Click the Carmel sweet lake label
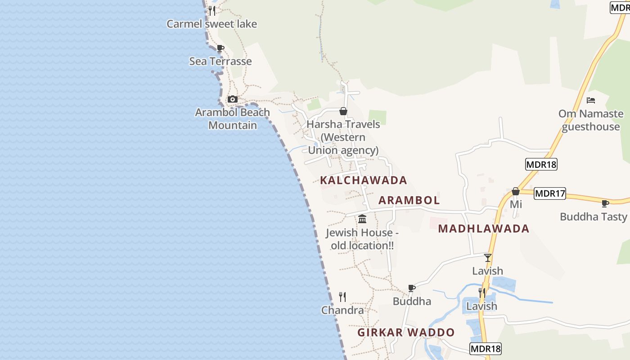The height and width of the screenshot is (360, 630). [x=211, y=24]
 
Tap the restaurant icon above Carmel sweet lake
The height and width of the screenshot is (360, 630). [x=212, y=10]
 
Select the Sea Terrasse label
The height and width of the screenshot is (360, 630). [x=220, y=61]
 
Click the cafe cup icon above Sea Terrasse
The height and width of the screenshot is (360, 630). [x=220, y=48]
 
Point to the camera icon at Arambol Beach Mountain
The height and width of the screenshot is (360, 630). [x=232, y=99]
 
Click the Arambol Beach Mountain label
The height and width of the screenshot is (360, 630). [x=232, y=119]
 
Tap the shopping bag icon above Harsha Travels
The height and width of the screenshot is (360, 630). [x=343, y=111]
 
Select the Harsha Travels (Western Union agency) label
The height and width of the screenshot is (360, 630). [x=343, y=137]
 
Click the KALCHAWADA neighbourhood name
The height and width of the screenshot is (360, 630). [x=363, y=180]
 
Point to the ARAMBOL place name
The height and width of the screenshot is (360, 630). [x=409, y=200]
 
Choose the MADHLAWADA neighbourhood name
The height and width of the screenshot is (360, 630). [x=484, y=229]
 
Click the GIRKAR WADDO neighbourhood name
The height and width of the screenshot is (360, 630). [x=406, y=333]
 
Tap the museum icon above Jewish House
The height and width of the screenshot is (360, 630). [x=362, y=219]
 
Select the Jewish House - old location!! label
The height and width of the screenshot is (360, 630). [x=362, y=239]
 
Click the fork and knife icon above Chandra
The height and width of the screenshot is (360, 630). [x=342, y=297]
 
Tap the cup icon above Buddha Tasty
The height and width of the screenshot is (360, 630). [x=605, y=203]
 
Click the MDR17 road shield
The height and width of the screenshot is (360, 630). [x=550, y=193]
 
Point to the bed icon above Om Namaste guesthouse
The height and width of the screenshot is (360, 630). [x=591, y=100]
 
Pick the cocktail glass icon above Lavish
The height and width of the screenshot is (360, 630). [x=487, y=258]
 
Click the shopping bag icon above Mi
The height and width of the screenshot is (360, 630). [x=516, y=192]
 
